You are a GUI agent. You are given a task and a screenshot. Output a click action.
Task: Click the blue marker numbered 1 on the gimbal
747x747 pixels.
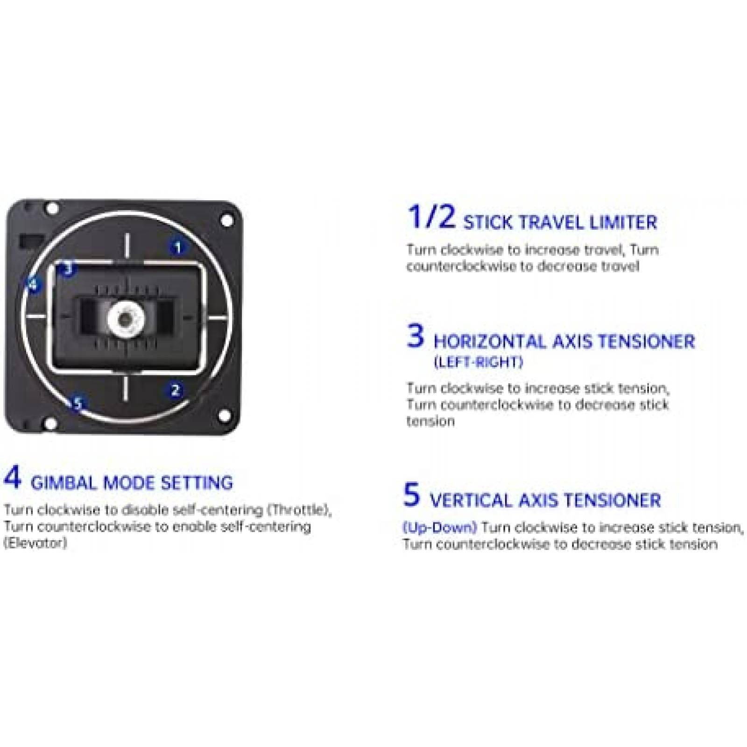coord(177,247)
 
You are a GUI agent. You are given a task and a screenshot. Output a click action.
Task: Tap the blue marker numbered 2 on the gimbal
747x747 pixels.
coord(175,390)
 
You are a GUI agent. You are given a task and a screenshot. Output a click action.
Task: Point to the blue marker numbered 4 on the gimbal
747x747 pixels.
coord(33,284)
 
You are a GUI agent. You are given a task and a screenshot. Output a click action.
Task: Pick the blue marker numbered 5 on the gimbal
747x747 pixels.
coord(78,403)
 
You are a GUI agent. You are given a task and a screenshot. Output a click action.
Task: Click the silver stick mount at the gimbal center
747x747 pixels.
coord(125,317)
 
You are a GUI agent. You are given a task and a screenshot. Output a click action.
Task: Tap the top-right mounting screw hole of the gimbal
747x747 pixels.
coord(226,220)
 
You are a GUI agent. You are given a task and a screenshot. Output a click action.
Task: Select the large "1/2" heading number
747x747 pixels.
coord(431,217)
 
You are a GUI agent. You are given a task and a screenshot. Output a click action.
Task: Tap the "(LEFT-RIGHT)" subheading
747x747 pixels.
coord(478,362)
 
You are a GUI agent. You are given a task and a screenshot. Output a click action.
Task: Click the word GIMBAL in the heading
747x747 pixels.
coord(64,483)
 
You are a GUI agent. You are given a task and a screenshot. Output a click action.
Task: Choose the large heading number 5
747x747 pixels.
coord(411,494)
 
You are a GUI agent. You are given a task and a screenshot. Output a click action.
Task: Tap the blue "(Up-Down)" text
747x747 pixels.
coord(440,528)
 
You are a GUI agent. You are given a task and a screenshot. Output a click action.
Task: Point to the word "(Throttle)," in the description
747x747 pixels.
coord(299,510)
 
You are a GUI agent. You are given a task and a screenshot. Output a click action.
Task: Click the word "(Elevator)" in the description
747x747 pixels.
coord(35,543)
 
